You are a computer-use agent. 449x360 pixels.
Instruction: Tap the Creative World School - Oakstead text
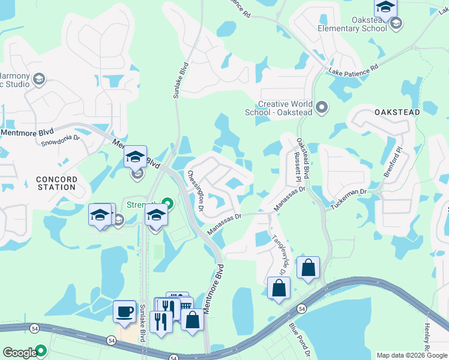pyautogui.click(x=280, y=107)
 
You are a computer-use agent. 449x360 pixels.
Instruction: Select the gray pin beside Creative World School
pyautogui.click(x=322, y=107)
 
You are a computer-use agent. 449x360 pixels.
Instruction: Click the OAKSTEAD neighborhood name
pyautogui.click(x=396, y=112)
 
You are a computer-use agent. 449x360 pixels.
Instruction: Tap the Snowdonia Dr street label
pyautogui.click(x=60, y=140)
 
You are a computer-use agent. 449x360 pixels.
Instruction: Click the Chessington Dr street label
pyautogui.click(x=196, y=185)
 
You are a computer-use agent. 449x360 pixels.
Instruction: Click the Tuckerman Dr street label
pyautogui.click(x=349, y=199)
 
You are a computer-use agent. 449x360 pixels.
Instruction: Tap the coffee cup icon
pyautogui.click(x=124, y=311)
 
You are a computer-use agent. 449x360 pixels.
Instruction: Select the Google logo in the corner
pyautogui.click(x=20, y=353)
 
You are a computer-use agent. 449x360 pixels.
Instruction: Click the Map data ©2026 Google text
pyautogui.click(x=411, y=355)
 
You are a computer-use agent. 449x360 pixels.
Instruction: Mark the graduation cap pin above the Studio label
pyautogui.click(x=38, y=80)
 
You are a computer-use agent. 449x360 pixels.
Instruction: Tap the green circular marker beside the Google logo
pyautogui.click(x=41, y=350)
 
